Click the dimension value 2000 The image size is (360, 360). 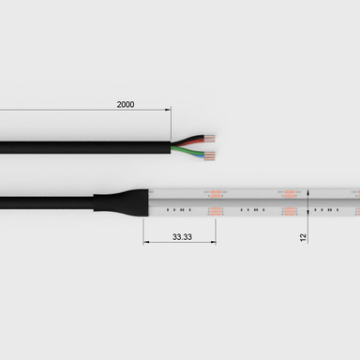tap(125, 104)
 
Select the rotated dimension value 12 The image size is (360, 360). tap(303, 238)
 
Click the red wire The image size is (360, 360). tap(187, 142)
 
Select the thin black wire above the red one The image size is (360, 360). tap(187, 138)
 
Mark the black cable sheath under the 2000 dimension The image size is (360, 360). tap(84, 145)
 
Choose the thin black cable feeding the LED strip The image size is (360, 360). tap(47, 202)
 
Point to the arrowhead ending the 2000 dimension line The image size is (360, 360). tap(168, 111)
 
